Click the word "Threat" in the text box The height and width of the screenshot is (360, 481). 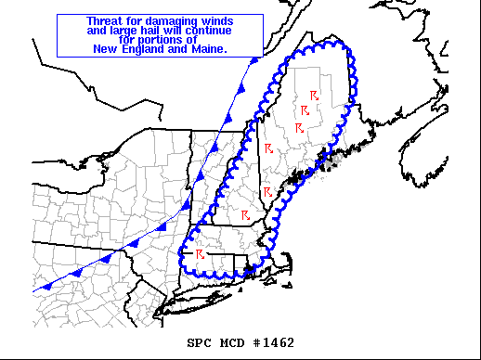coord(105,20)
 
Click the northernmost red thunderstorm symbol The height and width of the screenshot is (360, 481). coord(314,95)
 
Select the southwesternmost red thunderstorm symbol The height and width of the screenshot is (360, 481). coord(200,252)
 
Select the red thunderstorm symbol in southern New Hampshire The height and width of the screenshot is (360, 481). coord(245,215)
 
